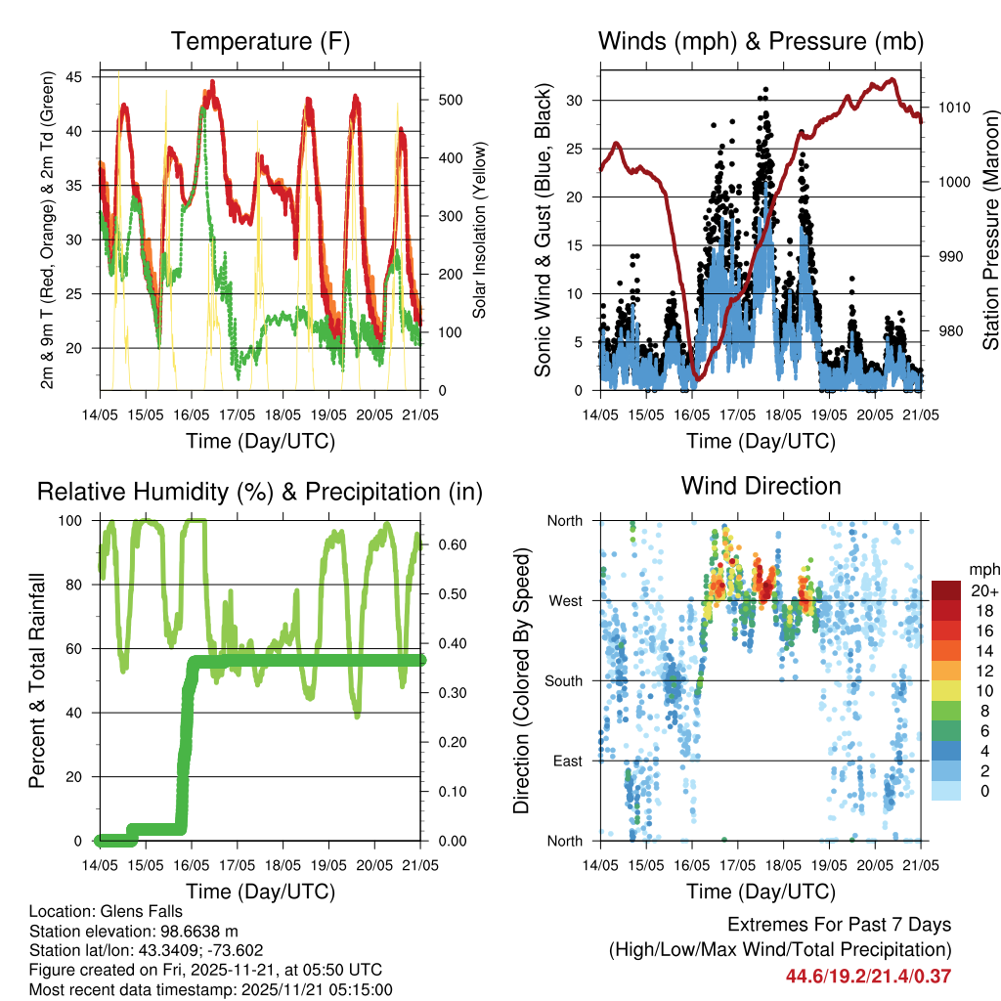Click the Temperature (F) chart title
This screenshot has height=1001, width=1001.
260,41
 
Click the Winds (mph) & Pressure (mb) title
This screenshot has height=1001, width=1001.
761,41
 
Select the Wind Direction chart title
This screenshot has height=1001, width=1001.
761,486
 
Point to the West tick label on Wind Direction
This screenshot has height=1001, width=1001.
564,600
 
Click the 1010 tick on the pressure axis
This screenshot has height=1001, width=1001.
953,108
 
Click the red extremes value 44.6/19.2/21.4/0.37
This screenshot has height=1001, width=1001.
868,975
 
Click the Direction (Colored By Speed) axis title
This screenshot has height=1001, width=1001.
521,680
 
